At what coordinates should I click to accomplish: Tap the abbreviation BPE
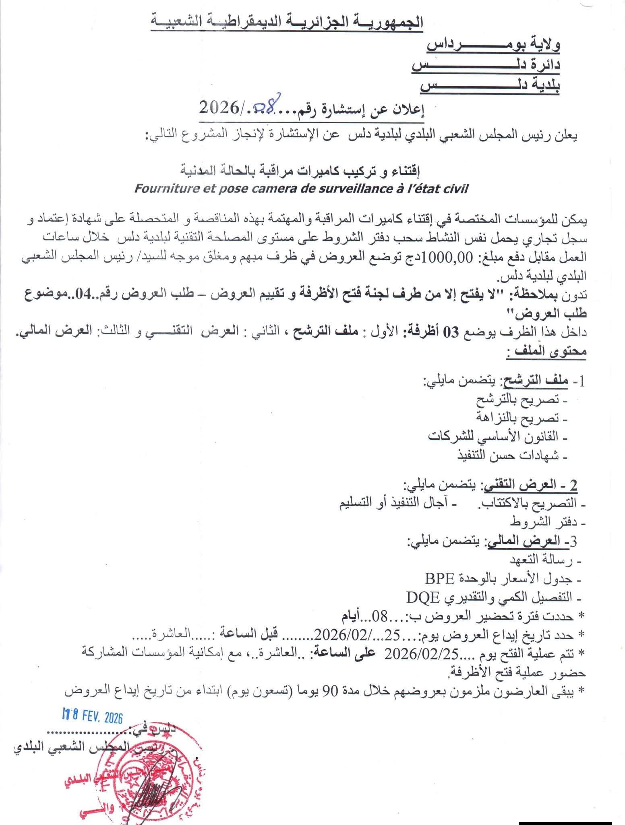point(439,578)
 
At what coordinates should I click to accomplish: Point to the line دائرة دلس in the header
point(486,64)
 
